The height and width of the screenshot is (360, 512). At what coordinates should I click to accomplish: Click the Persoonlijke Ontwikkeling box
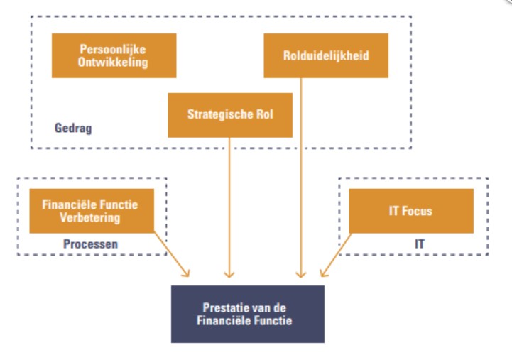point(114,55)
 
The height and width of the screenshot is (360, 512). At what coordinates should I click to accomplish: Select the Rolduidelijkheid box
point(326,55)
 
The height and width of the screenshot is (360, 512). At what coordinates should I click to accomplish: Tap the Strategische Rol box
point(229,114)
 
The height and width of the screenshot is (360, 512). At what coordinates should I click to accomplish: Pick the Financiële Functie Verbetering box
point(91,211)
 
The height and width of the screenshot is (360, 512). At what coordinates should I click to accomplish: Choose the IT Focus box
point(411,211)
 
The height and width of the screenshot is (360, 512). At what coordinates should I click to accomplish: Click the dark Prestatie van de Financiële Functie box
point(247,315)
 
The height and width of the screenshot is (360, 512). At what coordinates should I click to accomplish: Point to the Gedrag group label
point(72,129)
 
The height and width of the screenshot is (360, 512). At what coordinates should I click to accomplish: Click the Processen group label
point(90,244)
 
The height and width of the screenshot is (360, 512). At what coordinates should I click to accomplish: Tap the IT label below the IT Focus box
point(420,244)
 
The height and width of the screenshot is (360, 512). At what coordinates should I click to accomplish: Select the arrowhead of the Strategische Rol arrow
point(229,273)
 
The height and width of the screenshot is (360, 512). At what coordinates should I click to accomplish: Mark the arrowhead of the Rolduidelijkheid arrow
point(301,273)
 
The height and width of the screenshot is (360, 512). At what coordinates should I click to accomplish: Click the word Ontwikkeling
point(114,62)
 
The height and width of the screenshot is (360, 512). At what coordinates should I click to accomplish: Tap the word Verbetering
point(91,217)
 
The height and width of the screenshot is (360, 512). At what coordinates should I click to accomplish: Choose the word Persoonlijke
point(114,49)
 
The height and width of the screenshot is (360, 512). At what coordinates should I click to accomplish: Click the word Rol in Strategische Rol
point(264,114)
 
